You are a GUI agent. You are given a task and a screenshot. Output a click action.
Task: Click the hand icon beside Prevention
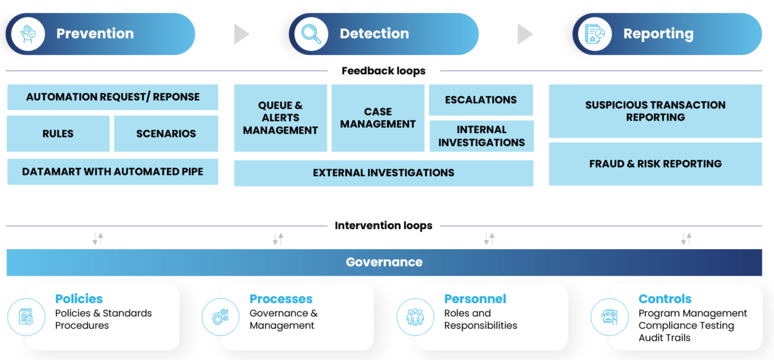28,34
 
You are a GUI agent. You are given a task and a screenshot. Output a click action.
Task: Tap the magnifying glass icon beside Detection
311,34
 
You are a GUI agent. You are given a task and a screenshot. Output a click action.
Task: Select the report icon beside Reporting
595,34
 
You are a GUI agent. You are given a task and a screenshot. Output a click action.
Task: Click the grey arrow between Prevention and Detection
241,34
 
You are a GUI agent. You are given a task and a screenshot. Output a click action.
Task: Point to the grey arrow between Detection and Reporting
525,34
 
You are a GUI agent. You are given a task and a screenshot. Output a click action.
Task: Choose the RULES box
58,134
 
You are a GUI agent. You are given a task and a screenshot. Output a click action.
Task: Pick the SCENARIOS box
166,134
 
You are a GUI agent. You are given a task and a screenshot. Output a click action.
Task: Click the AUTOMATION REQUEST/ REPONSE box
112,97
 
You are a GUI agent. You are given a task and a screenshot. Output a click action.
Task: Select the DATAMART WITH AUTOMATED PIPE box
112,172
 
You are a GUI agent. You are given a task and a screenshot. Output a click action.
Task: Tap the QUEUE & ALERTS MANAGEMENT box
281,118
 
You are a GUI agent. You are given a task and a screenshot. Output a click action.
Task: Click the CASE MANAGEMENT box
378,118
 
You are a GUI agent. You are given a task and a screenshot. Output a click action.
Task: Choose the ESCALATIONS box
481,100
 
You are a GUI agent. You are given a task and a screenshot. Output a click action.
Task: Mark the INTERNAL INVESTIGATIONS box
481,136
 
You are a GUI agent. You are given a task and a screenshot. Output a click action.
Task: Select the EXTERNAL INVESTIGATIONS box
383,173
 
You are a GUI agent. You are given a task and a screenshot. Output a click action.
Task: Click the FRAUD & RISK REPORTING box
655,164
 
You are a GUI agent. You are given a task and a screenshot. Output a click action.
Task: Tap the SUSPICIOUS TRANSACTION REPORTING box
655,111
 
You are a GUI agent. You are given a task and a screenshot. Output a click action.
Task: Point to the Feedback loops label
383,71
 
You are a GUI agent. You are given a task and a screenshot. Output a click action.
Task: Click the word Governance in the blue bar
384,262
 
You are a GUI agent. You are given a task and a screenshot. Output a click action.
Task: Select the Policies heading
79,299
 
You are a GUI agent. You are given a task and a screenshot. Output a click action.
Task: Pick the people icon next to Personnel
415,317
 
